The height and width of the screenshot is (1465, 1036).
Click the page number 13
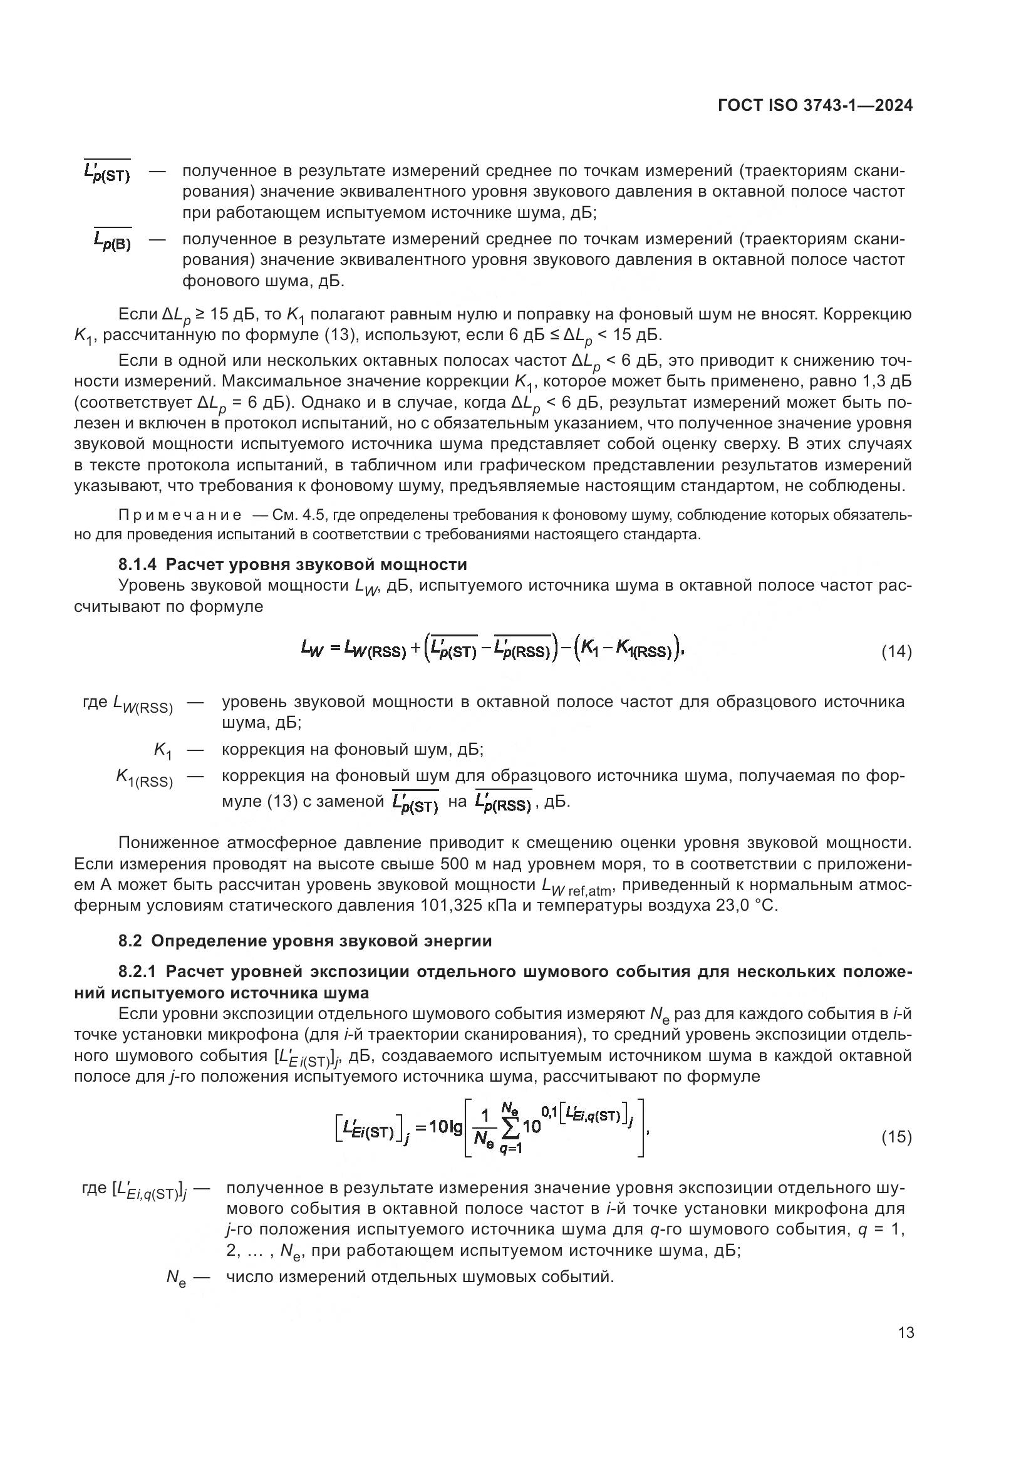905,1332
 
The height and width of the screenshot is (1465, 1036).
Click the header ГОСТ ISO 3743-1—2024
816,106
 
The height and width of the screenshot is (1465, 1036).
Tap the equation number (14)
896,651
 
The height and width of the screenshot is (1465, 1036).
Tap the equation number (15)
896,1136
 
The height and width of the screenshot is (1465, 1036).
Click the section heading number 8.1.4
139,564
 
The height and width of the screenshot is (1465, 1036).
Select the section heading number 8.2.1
139,971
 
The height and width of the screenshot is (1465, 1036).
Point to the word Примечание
180,515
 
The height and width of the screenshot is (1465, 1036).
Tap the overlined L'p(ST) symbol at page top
107,172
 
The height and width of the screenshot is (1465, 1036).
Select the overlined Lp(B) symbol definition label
112,241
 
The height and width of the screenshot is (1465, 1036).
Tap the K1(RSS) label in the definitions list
145,778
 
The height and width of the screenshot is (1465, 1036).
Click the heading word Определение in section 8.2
209,941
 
